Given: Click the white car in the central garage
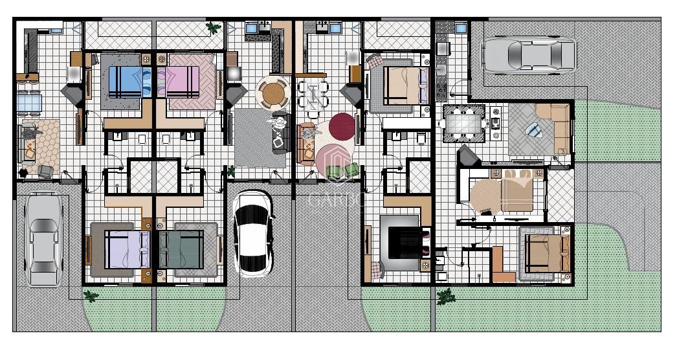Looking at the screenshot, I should (252, 233).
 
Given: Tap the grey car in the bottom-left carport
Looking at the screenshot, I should (43, 241).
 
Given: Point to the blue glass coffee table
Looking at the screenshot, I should (533, 130).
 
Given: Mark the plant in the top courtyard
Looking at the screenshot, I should (212, 28).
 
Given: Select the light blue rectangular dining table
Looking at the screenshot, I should (29, 102).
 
